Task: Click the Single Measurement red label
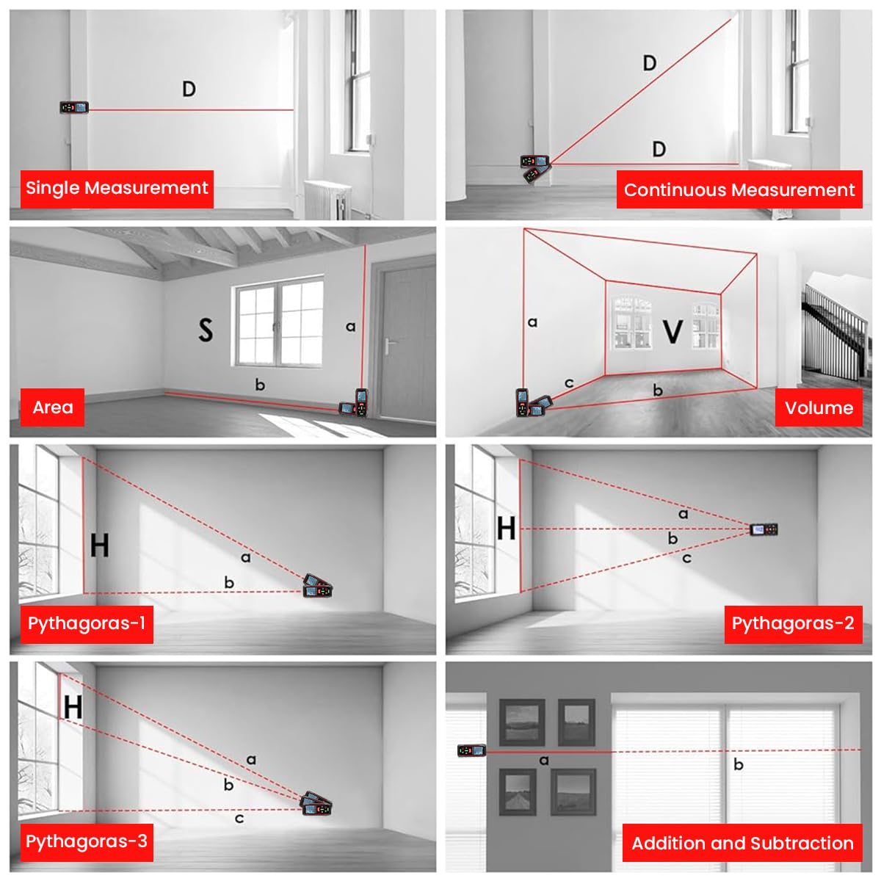(117, 189)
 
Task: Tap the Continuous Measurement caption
(739, 189)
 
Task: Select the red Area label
(52, 407)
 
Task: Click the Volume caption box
(819, 407)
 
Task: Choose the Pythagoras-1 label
(87, 624)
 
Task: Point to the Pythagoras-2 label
(793, 624)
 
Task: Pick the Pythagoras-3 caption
(87, 842)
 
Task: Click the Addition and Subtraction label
(742, 842)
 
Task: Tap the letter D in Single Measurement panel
(189, 89)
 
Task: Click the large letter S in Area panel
(206, 330)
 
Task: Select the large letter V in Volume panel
(672, 331)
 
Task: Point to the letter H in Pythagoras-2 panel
(506, 529)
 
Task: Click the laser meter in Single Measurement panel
(74, 108)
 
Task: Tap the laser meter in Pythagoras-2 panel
(764, 529)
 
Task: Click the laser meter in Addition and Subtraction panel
(471, 750)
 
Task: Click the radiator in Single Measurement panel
(327, 200)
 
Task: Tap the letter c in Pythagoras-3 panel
(239, 819)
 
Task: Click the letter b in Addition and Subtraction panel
(739, 764)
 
